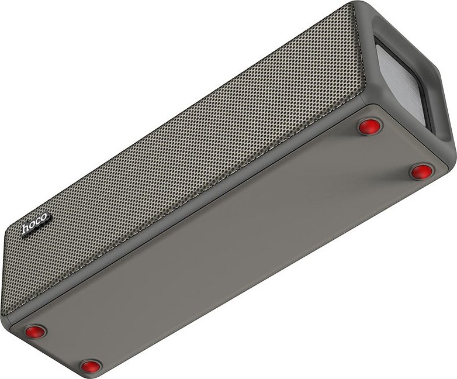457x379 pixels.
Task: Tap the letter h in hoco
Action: point(26,228)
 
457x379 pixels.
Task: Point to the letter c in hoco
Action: point(38,220)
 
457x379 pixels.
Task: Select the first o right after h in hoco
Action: point(33,224)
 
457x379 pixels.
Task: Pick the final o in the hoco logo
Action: point(43,218)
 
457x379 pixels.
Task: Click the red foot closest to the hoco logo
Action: point(35,332)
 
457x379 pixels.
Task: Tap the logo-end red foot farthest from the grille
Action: point(91,366)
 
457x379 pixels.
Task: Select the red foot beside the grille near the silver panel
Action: point(369,126)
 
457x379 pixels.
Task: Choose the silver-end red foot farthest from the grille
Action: point(421,171)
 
